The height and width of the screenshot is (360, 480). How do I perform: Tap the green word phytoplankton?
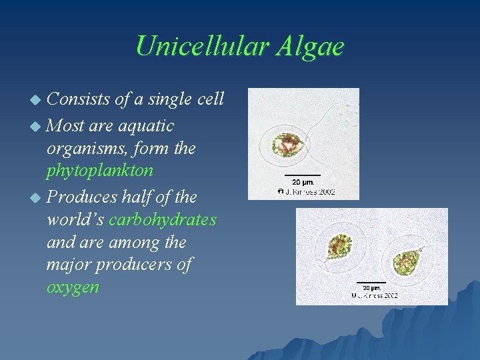100,171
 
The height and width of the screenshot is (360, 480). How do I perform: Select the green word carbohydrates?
163,219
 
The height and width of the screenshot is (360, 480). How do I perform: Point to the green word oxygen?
73,287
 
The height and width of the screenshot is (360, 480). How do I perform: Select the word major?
70,265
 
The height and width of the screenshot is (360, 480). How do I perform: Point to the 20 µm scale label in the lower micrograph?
368,287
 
